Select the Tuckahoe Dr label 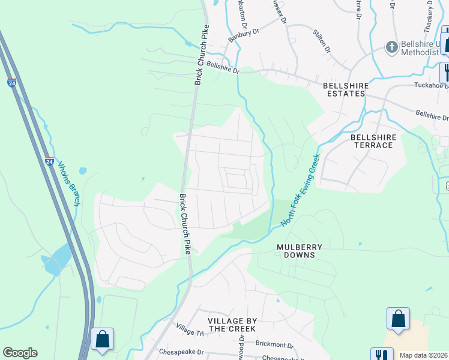[431, 85]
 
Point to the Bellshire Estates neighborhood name [345, 89]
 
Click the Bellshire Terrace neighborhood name [373, 141]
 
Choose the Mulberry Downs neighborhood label [300, 251]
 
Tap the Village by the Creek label [232, 325]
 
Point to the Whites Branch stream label [69, 185]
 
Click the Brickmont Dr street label [274, 345]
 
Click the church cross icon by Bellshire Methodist [391, 47]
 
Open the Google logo [20, 353]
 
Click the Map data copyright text [424, 355]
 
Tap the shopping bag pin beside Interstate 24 [102, 339]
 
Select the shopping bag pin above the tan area [399, 319]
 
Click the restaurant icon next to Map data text [381, 354]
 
